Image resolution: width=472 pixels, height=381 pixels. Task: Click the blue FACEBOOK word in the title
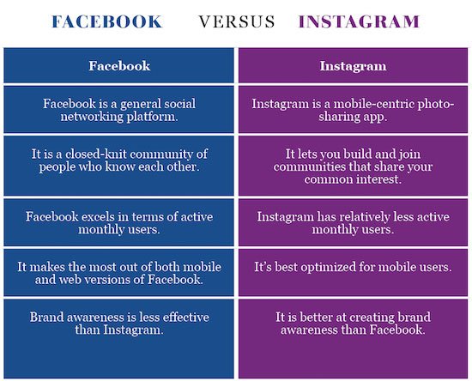click(107, 21)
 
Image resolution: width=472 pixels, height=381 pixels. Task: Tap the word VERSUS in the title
click(237, 21)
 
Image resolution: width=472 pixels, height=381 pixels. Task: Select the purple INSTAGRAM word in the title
click(359, 21)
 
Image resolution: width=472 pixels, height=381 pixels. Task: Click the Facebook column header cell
click(119, 65)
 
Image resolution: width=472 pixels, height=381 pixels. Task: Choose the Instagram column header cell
click(353, 65)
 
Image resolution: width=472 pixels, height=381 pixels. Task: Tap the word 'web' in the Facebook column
click(70, 280)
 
